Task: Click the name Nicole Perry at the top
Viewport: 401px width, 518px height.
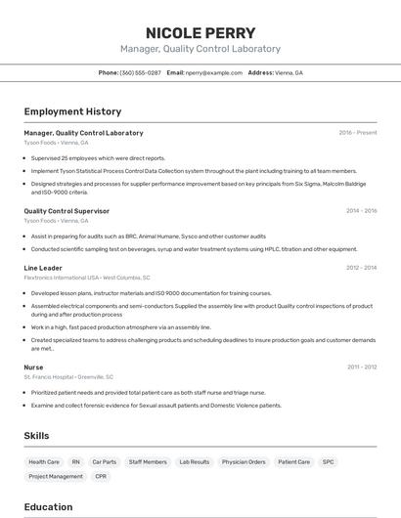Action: pyautogui.click(x=200, y=32)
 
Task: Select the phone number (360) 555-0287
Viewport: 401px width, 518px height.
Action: pyautogui.click(x=141, y=72)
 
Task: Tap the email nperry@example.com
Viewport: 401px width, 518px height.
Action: pyautogui.click(x=214, y=72)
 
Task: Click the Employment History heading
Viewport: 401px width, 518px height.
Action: pyautogui.click(x=72, y=111)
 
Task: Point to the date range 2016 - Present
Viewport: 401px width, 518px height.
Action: pyautogui.click(x=358, y=132)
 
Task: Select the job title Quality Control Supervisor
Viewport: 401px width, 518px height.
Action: pyautogui.click(x=67, y=210)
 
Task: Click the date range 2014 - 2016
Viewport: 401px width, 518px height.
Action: pyautogui.click(x=361, y=210)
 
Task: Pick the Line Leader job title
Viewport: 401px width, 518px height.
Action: pyautogui.click(x=43, y=267)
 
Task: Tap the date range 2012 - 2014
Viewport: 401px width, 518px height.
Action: pyautogui.click(x=361, y=267)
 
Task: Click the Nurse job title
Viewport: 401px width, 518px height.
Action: pyautogui.click(x=34, y=367)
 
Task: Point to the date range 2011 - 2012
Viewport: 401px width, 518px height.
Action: pyautogui.click(x=361, y=367)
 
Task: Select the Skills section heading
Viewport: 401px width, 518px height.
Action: pyautogui.click(x=37, y=434)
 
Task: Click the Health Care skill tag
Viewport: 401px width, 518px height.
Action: pyautogui.click(x=44, y=461)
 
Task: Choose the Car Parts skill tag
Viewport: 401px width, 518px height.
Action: pyautogui.click(x=104, y=461)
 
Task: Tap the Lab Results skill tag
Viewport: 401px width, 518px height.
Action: pyautogui.click(x=194, y=461)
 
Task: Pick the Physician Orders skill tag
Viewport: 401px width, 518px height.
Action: pyautogui.click(x=244, y=461)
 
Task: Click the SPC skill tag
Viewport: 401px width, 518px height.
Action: pyautogui.click(x=328, y=461)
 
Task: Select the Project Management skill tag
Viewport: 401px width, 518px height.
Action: pyautogui.click(x=56, y=476)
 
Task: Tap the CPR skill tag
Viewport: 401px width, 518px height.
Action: pyautogui.click(x=101, y=476)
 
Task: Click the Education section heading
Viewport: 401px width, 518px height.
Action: pyautogui.click(x=48, y=507)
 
